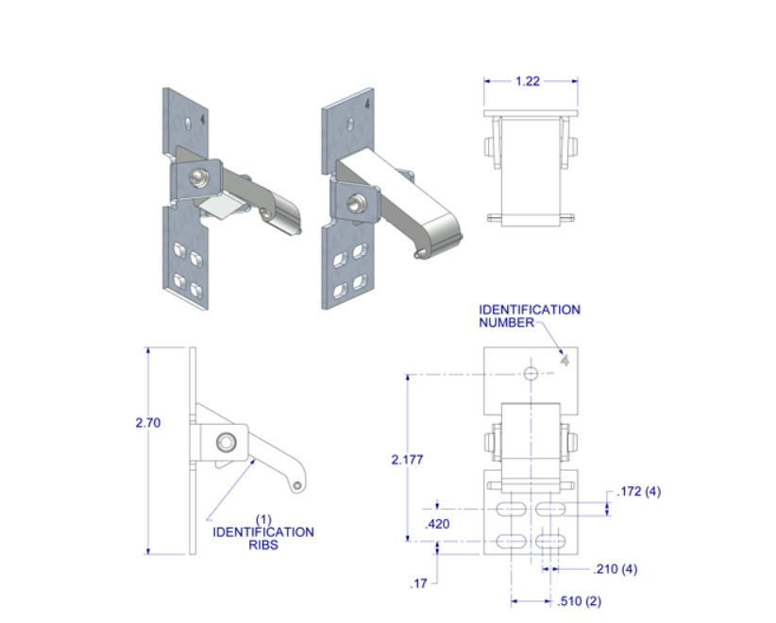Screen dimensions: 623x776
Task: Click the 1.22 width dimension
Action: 528,82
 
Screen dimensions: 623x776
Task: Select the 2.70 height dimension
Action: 147,423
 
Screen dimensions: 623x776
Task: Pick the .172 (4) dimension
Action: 639,492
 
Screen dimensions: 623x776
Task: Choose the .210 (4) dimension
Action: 616,569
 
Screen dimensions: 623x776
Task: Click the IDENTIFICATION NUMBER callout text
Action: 529,315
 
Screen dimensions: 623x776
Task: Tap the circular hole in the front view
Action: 531,374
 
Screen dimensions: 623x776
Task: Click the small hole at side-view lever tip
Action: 297,485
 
